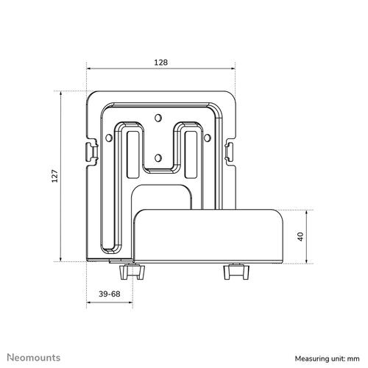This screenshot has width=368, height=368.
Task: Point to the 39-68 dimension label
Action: pos(110,294)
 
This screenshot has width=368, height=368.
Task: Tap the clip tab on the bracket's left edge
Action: pos(91,151)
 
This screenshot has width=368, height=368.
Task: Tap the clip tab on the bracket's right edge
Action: pos(230,151)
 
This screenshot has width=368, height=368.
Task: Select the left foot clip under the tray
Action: pos(135,272)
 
